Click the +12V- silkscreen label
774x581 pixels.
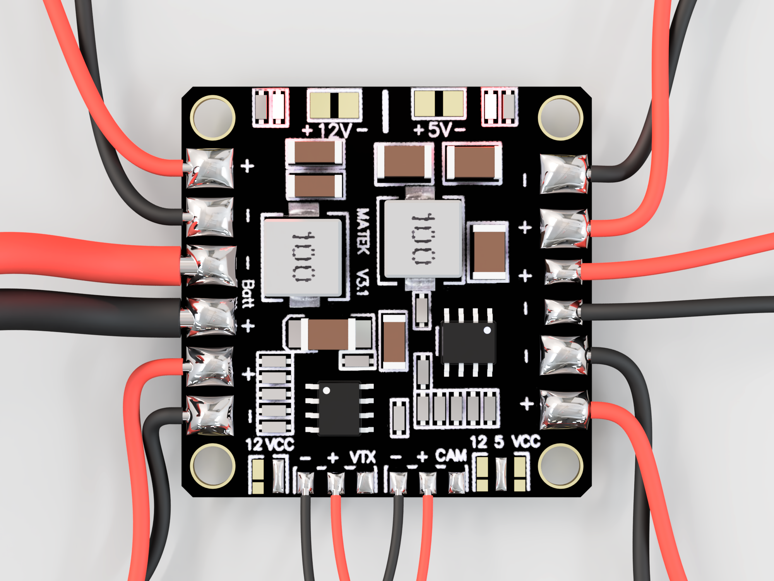pyautogui.click(x=335, y=131)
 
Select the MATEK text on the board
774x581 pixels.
pyautogui.click(x=363, y=231)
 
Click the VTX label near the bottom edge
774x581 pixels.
pyautogui.click(x=363, y=457)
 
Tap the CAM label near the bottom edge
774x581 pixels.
pyautogui.click(x=451, y=456)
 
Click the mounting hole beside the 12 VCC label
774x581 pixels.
pyautogui.click(x=212, y=466)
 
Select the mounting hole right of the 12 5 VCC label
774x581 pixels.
pyautogui.click(x=560, y=466)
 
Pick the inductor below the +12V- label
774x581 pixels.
pyautogui.click(x=302, y=258)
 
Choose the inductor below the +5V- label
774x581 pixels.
pyautogui.click(x=423, y=239)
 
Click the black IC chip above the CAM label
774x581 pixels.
pyautogui.click(x=468, y=342)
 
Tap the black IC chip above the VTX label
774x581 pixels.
pyautogui.click(x=339, y=408)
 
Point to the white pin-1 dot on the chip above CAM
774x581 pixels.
pyautogui.click(x=487, y=330)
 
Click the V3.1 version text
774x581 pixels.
pyautogui.click(x=363, y=282)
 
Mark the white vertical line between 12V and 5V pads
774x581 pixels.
pyautogui.click(x=385, y=111)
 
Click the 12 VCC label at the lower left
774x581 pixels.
pyautogui.click(x=270, y=444)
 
